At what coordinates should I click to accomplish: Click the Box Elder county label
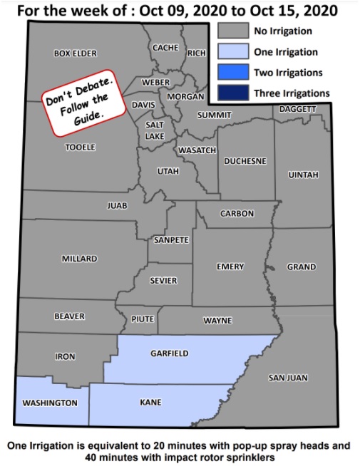(75, 53)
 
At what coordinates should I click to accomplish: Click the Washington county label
(50, 403)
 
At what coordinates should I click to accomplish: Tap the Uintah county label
(302, 175)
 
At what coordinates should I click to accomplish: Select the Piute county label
(143, 320)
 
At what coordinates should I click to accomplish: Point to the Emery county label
(230, 266)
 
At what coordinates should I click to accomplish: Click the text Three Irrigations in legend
(292, 93)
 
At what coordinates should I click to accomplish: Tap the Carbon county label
(237, 214)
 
